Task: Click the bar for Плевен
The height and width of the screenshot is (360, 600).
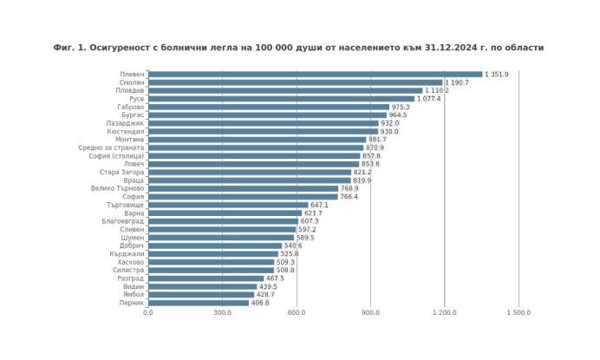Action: (315, 75)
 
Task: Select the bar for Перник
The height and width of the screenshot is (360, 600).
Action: (199, 303)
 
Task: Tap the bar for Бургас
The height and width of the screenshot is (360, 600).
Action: (267, 115)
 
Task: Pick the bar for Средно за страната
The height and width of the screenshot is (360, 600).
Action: (256, 148)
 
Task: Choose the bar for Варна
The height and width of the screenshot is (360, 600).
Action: (225, 213)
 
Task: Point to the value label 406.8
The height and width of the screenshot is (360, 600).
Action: (260, 303)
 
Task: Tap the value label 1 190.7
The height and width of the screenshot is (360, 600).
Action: (457, 82)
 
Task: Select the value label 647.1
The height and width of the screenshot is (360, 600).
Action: (319, 205)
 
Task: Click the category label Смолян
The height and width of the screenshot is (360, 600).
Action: (132, 82)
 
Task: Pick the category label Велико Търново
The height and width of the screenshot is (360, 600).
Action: (118, 188)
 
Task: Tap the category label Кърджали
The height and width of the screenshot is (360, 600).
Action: (128, 254)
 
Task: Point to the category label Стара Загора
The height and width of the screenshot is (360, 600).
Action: (122, 172)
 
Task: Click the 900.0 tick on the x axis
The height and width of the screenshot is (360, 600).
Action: (371, 313)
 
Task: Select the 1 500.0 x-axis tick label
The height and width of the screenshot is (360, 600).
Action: (518, 313)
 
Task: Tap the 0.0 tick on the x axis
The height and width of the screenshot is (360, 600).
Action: (148, 313)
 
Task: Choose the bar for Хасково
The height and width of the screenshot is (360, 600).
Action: (211, 262)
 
